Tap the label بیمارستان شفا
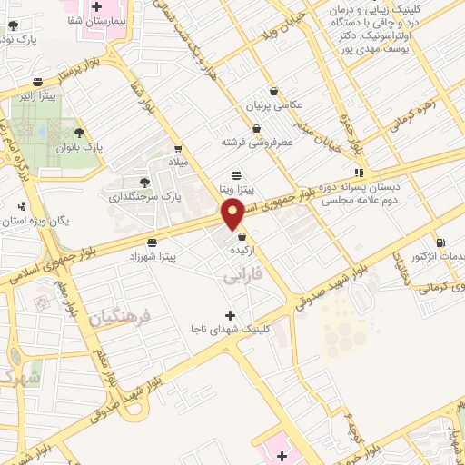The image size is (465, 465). pos(96,19)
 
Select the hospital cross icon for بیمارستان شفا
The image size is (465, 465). pos(96,6)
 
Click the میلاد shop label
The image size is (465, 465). pos(178,161)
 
